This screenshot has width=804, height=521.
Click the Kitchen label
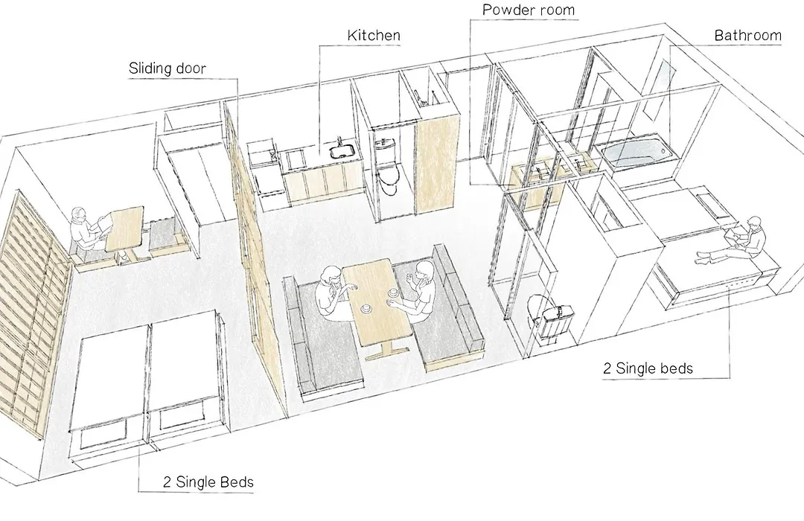374,35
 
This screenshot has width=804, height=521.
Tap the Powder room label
529,10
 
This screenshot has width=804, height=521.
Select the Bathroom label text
747,35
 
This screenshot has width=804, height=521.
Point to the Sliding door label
167,68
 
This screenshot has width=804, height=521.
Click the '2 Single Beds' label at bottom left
208,482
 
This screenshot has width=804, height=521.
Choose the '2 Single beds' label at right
648,368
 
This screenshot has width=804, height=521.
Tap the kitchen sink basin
342,152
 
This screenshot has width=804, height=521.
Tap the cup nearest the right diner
394,294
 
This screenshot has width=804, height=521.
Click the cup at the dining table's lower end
367,309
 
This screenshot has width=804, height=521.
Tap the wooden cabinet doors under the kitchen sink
324,184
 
